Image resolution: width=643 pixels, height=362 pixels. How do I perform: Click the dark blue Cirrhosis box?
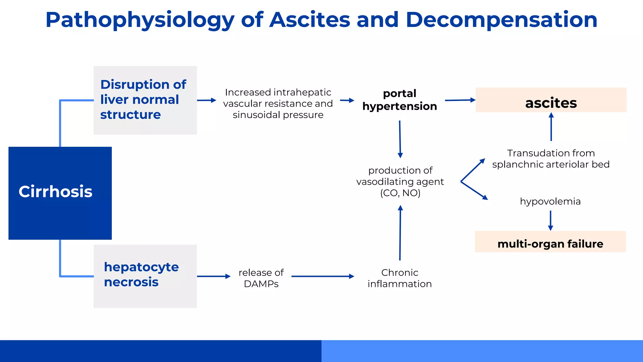click(60, 193)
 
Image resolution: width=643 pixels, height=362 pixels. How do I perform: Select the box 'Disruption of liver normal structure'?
click(145, 100)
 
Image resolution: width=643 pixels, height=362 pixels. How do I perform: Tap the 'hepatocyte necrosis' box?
click(145, 276)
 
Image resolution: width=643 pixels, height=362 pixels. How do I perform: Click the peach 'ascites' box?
click(551, 100)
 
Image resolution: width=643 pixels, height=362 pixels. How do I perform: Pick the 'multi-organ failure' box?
click(550, 242)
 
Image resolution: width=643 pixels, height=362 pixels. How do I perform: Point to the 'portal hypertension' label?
click(399, 100)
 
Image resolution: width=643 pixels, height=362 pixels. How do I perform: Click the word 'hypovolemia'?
click(550, 201)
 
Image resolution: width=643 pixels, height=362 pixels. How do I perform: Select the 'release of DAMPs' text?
click(261, 278)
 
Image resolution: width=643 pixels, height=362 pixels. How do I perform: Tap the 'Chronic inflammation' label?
click(399, 278)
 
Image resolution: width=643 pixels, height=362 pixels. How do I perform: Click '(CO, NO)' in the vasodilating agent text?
click(400, 193)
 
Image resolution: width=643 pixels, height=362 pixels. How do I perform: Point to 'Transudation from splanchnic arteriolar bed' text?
click(551, 159)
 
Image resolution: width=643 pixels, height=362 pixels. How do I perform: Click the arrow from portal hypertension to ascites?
click(460, 100)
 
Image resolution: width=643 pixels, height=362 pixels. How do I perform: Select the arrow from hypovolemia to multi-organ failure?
click(550, 221)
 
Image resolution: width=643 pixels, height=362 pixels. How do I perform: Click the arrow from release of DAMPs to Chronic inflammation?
click(322, 277)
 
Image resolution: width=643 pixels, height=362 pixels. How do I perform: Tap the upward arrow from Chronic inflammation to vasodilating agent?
click(400, 233)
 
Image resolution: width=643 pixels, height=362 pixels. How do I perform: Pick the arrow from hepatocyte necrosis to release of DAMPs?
click(213, 277)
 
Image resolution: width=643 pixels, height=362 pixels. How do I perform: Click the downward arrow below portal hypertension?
click(400, 139)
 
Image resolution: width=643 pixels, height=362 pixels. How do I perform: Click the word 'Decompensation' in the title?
click(501, 20)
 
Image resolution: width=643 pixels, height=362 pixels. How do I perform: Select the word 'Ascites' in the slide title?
click(310, 20)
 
